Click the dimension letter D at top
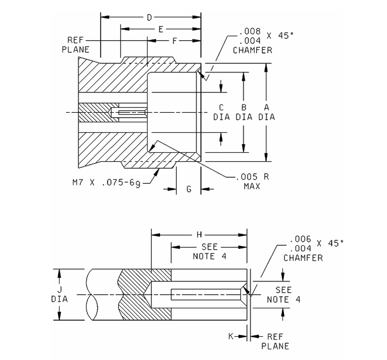pyautogui.click(x=150, y=17)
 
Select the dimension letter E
pyautogui.click(x=160, y=30)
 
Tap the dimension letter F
pyautogui.click(x=175, y=42)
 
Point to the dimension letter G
pyautogui.click(x=189, y=189)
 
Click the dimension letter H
pyautogui.click(x=199, y=235)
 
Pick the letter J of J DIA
pyautogui.click(x=60, y=290)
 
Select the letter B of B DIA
pyautogui.click(x=244, y=107)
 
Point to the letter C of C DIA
pyautogui.click(x=221, y=107)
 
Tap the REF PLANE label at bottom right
pyautogui.click(x=274, y=341)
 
